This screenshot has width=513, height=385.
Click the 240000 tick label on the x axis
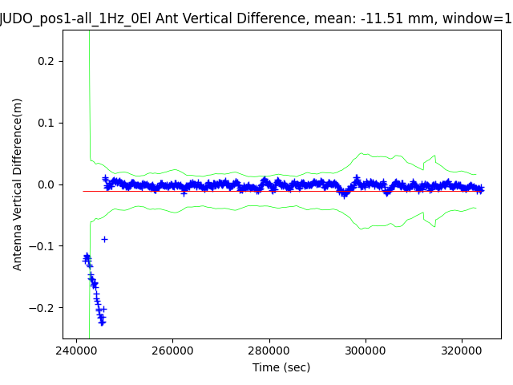[x=76, y=351]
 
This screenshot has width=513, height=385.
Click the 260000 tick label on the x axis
[x=173, y=351]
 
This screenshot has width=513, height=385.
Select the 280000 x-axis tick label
[x=269, y=351]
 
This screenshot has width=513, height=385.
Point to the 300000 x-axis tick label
[x=366, y=351]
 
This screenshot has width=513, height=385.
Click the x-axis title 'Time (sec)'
[x=281, y=367]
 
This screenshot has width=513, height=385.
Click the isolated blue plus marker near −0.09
[x=104, y=239]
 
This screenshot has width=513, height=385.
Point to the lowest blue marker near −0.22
[x=102, y=322]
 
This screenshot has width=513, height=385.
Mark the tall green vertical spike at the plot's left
[x=89, y=96]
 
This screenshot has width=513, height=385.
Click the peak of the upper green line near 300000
[x=362, y=153]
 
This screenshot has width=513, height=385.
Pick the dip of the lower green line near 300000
[x=364, y=229]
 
